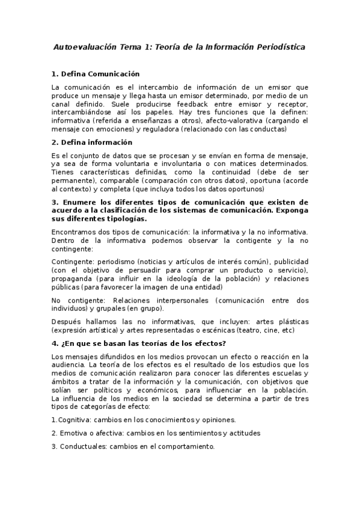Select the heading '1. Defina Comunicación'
pyautogui.click(x=96, y=74)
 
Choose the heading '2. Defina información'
pyautogui.click(x=91, y=143)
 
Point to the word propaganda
pyautogui.click(x=72, y=279)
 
